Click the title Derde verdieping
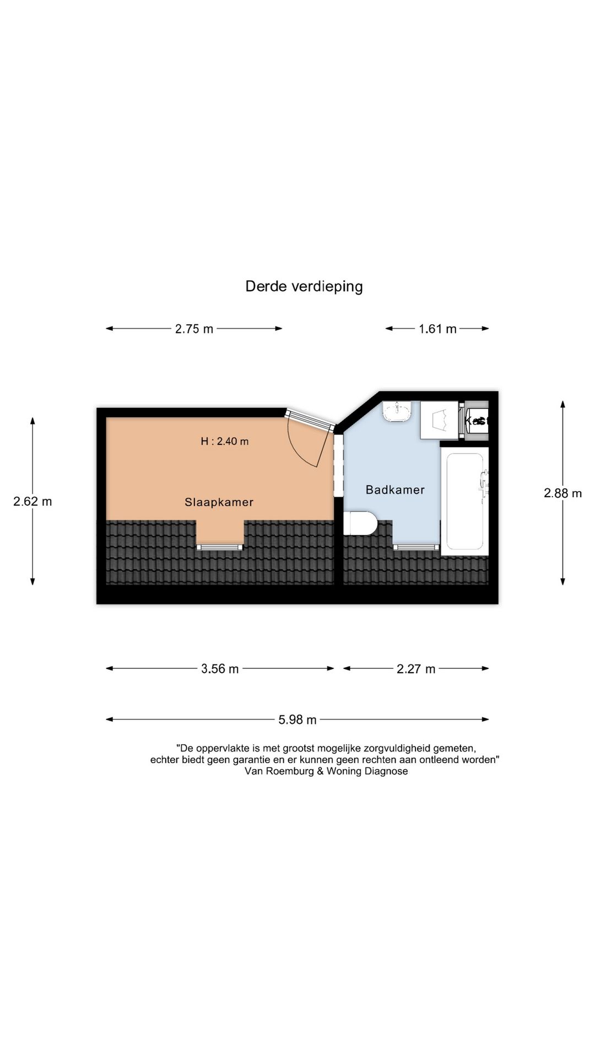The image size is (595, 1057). point(304,287)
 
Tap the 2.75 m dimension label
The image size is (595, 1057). point(194,329)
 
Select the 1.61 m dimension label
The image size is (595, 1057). point(437,329)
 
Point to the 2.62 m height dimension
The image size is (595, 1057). point(33,502)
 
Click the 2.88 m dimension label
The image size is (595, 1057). point(562,493)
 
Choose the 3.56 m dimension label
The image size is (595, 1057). point(220,669)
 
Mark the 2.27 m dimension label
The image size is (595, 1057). point(416,669)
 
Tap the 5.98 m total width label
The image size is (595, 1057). point(297,720)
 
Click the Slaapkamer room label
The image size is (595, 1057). point(219,502)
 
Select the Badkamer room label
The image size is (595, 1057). point(395,490)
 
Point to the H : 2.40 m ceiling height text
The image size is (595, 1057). point(224,442)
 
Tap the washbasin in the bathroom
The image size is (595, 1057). point(397,411)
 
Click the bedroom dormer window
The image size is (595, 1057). point(220,547)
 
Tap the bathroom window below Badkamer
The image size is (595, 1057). point(416,547)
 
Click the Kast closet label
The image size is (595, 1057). point(477,421)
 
